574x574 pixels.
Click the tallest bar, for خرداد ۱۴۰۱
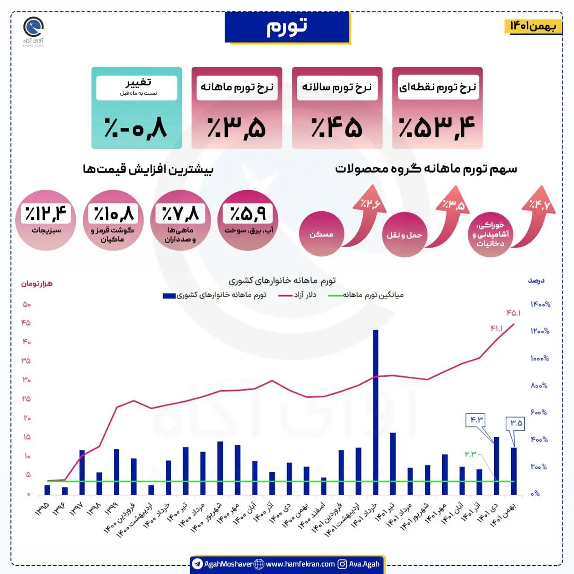376,412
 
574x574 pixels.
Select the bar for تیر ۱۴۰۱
393,464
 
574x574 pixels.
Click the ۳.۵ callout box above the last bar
515,423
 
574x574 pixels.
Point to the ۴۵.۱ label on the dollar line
513,313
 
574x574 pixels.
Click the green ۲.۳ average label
470,454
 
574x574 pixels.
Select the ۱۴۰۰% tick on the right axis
540,304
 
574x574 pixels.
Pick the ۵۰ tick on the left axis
27,304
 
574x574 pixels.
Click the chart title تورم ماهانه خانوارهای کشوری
282,280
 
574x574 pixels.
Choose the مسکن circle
322,234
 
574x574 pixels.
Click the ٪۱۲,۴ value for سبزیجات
46,213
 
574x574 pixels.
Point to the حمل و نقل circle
404,235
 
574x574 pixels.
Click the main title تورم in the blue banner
287,26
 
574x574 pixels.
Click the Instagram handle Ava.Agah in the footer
364,564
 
